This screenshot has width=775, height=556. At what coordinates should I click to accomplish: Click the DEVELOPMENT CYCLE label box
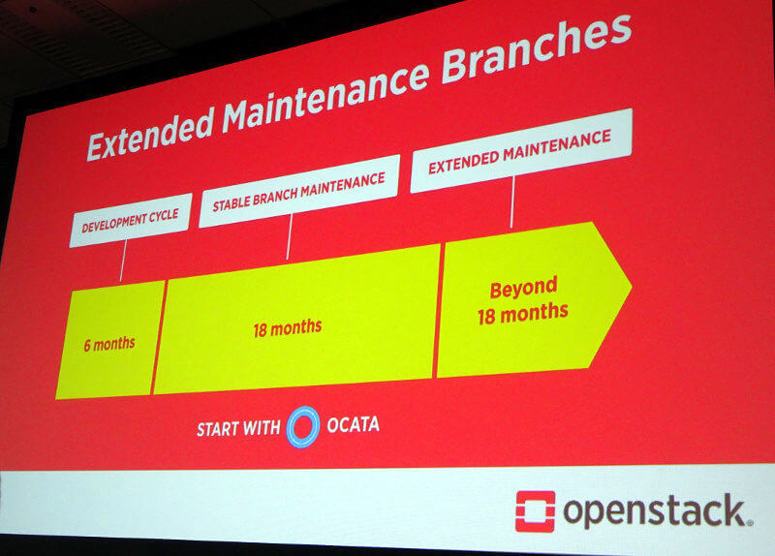point(131,220)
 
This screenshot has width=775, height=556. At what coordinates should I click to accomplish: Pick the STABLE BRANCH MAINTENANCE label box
point(299,191)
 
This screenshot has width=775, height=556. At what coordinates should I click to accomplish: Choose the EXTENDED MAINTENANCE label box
point(520,150)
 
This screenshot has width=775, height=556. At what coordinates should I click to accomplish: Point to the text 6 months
point(109,344)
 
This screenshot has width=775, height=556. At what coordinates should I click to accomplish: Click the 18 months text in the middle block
point(288,328)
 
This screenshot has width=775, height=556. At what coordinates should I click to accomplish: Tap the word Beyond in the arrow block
point(523,288)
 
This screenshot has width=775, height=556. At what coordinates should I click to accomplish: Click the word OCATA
point(353,424)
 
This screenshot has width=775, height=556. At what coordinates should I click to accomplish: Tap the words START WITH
point(238,428)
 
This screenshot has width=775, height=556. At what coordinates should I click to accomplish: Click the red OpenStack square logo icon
point(536,511)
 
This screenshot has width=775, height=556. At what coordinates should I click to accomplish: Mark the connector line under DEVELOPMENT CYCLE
point(123,261)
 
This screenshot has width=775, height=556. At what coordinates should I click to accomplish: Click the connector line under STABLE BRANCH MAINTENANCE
point(289,236)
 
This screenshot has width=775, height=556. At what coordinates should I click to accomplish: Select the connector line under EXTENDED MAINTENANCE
point(512,201)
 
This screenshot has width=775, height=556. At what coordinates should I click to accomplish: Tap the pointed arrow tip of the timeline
point(632,285)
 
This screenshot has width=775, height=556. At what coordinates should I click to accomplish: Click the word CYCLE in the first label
point(163,216)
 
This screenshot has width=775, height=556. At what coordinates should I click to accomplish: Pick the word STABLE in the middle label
point(232,202)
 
